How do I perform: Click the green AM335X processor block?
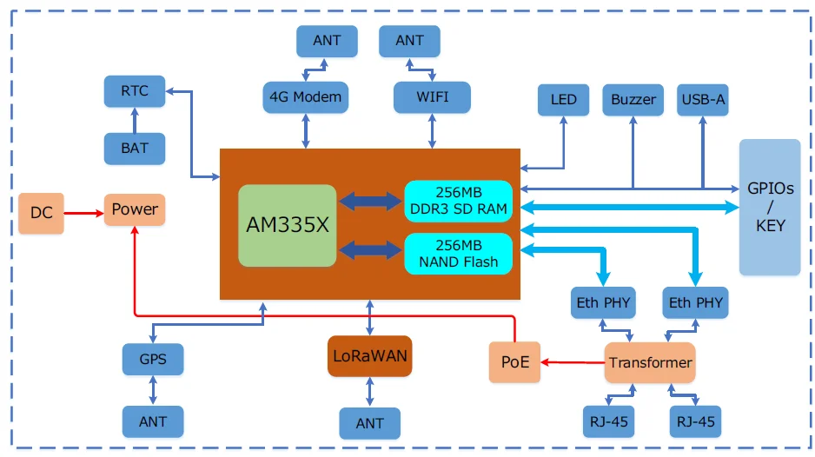287,225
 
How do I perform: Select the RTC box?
134,91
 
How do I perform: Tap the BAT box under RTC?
134,148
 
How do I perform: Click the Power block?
135,209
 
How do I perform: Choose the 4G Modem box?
305,97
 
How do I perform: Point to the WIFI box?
432,97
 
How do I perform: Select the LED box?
563,100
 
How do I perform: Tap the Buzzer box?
633,100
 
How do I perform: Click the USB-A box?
702,100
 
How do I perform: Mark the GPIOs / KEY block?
770,207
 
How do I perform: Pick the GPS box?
153,359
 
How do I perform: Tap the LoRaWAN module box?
369,356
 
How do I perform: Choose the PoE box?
515,362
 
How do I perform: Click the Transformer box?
650,362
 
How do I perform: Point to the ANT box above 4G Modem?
326,41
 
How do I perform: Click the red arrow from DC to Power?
84,211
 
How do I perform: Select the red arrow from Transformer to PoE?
573,362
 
